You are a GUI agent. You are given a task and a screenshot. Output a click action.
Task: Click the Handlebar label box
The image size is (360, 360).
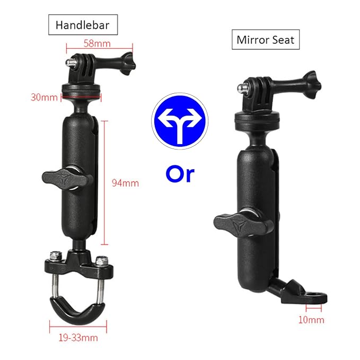[83, 25]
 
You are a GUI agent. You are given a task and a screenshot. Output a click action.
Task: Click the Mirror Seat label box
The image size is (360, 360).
[266, 39]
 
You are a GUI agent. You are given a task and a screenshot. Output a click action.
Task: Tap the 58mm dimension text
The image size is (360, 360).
[97, 43]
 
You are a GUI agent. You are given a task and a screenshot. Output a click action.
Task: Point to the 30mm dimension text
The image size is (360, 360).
[44, 98]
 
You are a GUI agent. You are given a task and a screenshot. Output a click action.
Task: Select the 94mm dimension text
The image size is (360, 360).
[125, 183]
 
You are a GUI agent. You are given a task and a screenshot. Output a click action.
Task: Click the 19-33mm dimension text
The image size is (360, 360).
[78, 338]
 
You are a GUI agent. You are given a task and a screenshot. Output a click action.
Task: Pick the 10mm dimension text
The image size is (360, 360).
[311, 320]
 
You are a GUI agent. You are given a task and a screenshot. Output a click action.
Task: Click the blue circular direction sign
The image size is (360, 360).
[180, 121]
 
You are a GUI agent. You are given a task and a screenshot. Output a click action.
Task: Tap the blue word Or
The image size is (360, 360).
[180, 174]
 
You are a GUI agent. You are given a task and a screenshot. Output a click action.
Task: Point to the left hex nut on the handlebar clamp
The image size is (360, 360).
[56, 256]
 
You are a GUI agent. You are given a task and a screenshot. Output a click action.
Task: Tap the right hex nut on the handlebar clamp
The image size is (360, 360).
[101, 261]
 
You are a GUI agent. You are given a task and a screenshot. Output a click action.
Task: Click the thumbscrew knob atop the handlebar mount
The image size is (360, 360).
[126, 64]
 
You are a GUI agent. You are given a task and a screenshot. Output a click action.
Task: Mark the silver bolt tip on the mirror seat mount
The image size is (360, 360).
[241, 87]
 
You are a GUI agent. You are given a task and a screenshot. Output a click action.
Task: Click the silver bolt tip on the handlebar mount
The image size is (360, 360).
[68, 63]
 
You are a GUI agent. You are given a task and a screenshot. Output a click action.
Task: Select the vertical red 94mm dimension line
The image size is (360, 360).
[104, 183]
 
